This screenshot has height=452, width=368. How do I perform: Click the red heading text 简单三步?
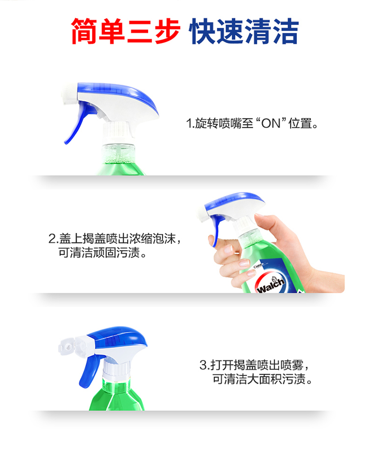[126, 31]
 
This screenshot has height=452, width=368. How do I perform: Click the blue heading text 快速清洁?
[244, 31]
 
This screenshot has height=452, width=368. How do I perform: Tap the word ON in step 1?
[271, 123]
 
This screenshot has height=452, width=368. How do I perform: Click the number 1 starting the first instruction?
[189, 123]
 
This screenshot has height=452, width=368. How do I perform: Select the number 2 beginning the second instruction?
[53, 239]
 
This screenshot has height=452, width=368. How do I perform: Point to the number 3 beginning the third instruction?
[203, 365]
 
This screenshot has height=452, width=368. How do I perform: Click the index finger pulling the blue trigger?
[222, 242]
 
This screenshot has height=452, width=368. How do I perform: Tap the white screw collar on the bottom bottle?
[117, 369]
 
